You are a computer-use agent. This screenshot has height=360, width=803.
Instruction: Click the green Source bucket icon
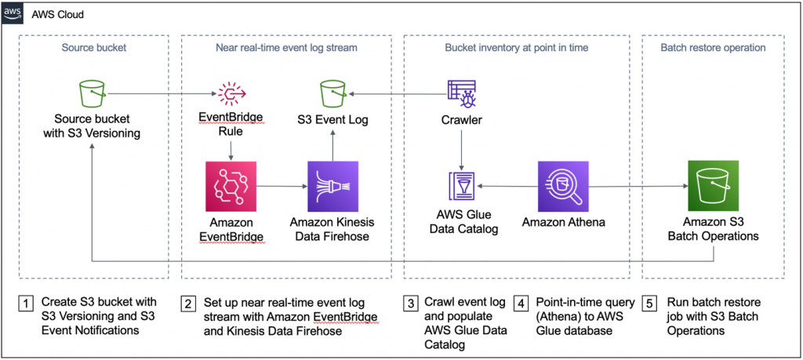pos(93,95)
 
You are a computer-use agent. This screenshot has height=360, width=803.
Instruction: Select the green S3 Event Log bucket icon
pos(332,95)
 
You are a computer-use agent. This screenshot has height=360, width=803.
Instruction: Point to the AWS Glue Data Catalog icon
pos(460,187)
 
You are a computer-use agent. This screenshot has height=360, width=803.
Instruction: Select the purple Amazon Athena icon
pos(563,187)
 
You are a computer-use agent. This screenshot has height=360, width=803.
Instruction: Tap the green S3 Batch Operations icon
pos(713,187)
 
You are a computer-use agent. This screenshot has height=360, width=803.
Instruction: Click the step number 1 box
pos(27,303)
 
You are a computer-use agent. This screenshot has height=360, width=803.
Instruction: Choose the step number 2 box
pos(189,303)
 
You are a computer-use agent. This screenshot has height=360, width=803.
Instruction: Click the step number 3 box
pos(410,303)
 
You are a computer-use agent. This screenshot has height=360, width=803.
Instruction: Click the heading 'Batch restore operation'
pos(713,48)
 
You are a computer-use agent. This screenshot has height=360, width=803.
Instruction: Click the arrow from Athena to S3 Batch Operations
pos(635,187)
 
